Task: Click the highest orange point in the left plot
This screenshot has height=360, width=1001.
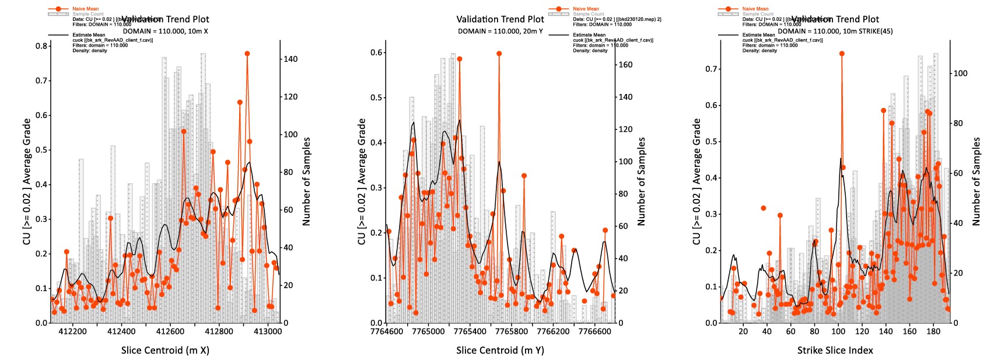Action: coord(247,54)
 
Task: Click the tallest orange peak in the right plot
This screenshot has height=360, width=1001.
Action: coord(842,54)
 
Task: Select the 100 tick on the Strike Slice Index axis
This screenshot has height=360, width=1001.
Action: coord(838,331)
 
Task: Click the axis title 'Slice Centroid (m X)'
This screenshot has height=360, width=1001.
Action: coord(165,350)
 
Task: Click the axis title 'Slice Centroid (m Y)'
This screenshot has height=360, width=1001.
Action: coord(500,350)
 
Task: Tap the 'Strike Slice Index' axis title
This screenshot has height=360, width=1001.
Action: coord(835,350)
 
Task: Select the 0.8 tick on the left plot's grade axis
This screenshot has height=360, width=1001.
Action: coord(41,46)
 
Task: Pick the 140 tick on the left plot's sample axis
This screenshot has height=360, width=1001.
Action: coord(290,59)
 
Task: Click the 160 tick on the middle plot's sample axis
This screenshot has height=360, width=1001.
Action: coord(625,65)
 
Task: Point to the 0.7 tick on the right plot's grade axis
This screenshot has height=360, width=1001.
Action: coord(711,69)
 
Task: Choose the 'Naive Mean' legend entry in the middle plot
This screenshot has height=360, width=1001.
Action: coord(586,9)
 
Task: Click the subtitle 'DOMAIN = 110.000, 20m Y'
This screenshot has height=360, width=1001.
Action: coord(500,31)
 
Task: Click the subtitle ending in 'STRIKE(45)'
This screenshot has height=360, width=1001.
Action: coord(835,31)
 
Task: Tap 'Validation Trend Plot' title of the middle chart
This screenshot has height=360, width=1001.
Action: coord(500,19)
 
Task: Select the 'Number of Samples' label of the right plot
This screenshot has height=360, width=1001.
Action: coord(976,181)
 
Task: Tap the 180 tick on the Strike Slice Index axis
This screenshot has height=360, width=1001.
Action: coord(933,331)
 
